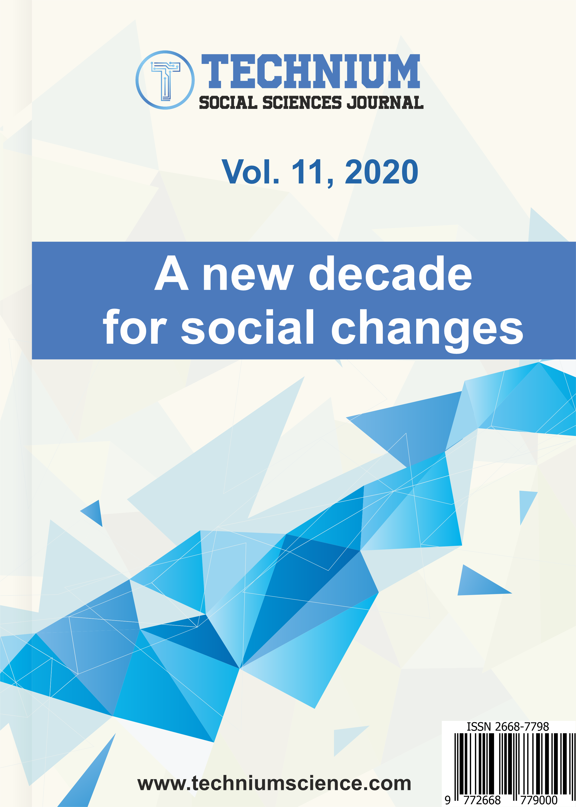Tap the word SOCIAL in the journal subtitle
click(x=228, y=102)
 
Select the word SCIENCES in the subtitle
click(x=302, y=102)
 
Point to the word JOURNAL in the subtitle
click(x=385, y=102)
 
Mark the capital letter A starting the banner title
click(x=172, y=273)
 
